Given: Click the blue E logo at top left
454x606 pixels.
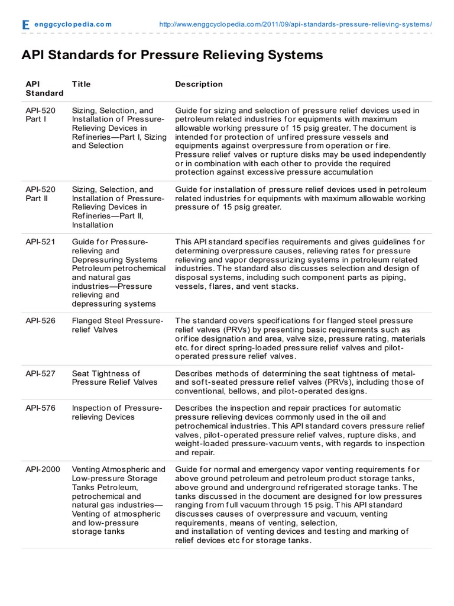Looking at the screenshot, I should (25, 25).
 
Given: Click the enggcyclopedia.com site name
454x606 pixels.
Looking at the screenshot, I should (73, 24).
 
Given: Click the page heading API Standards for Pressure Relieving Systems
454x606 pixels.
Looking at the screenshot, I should (172, 55).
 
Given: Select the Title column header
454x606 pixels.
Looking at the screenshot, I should (81, 84).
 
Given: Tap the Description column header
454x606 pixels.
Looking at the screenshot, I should (199, 84).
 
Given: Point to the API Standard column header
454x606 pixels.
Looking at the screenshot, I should (44, 89).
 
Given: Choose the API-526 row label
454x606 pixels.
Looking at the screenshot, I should (40, 321).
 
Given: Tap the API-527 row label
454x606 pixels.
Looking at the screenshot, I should (40, 373).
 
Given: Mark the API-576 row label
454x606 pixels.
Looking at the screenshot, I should (40, 408).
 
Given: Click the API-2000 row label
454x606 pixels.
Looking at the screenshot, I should (43, 469).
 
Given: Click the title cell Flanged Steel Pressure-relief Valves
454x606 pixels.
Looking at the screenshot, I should (117, 325).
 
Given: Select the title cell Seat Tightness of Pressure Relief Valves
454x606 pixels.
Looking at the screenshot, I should (115, 378).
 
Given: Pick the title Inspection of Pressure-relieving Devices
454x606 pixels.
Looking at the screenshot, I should (116, 412).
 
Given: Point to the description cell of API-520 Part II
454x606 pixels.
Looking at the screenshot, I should (300, 198).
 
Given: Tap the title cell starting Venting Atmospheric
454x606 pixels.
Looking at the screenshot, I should (118, 501).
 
